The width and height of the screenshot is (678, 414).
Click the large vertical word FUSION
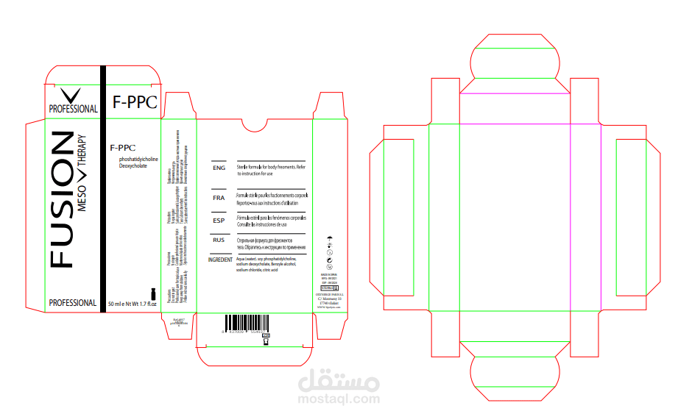click(62, 199)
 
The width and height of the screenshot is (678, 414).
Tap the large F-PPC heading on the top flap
click(135, 103)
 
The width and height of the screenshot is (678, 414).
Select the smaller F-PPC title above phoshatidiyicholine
click(121, 148)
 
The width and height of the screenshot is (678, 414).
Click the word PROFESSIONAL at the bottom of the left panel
click(72, 303)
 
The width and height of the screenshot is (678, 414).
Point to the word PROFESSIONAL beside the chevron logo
click(73, 109)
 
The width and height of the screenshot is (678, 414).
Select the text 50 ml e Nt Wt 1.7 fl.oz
click(133, 303)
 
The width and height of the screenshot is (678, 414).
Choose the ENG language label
click(219, 168)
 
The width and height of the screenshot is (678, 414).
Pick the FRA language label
click(219, 199)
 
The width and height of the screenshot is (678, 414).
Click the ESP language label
click(219, 221)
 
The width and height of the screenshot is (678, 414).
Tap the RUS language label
click(219, 240)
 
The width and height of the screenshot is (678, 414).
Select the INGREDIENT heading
click(221, 260)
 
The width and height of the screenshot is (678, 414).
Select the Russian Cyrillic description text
click(266, 244)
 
